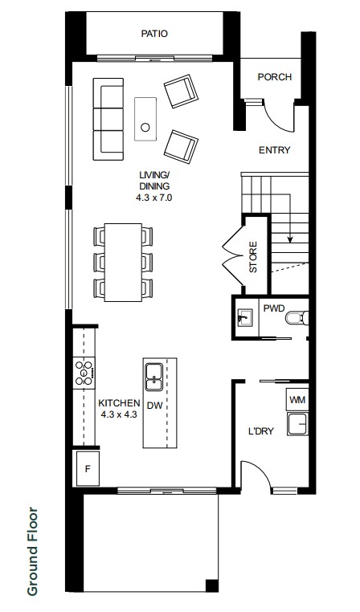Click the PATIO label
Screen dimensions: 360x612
154,34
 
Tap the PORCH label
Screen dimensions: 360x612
275,77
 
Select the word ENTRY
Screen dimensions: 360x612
275,150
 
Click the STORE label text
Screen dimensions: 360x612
253,257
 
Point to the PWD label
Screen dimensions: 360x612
274,308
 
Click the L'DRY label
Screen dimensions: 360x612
261,431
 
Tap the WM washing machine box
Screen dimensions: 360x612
297,399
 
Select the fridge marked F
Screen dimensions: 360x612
88,468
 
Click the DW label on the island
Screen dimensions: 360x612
154,406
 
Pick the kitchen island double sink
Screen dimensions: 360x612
154,377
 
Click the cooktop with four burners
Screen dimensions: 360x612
84,373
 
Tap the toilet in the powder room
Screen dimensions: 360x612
297,318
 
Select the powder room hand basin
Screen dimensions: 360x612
245,317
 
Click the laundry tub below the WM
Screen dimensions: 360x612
297,424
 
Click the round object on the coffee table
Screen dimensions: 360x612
145,127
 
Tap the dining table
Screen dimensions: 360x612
123,263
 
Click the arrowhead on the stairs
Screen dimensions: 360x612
290,239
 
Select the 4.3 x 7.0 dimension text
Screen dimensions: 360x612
153,198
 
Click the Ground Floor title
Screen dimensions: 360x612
33,551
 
